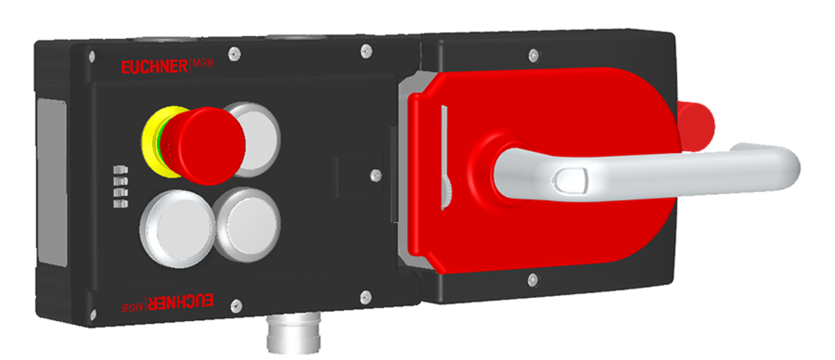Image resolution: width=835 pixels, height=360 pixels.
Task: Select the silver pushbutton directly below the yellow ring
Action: coord(170,226)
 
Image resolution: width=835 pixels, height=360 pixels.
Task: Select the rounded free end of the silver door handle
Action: coord(784,161)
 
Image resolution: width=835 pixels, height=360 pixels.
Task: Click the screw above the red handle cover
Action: coord(533,55)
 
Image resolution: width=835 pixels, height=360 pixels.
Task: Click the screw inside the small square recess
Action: coord(372,175)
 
